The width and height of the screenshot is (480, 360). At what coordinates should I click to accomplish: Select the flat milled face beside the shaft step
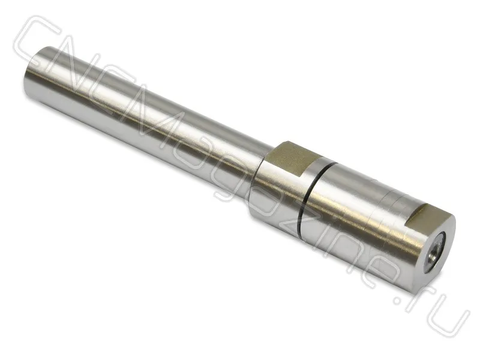[x=289, y=158]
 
